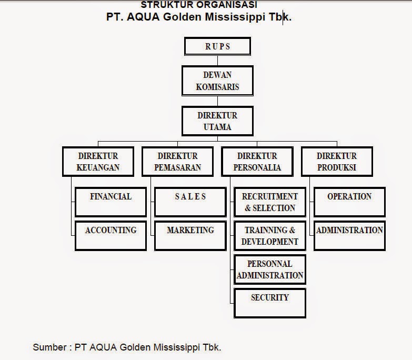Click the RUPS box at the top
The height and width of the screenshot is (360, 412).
click(217, 46)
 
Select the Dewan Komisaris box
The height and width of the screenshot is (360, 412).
click(217, 81)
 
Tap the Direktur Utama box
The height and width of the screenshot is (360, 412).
click(217, 121)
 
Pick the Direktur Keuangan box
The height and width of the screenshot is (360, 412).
click(98, 162)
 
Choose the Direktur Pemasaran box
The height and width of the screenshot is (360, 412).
click(178, 162)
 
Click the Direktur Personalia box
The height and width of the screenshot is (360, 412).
click(257, 162)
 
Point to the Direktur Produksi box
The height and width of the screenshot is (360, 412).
click(337, 162)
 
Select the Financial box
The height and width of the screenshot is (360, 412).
click(110, 202)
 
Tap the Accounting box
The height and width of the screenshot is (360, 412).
click(110, 235)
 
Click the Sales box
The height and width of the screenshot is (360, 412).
click(190, 202)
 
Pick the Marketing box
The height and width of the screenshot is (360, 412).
click(190, 235)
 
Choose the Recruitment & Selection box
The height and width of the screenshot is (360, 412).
click(270, 202)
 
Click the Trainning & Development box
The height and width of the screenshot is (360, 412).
click(270, 235)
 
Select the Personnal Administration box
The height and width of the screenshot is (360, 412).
click(270, 269)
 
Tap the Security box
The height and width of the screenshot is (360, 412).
click(270, 303)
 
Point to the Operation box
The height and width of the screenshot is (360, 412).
click(349, 202)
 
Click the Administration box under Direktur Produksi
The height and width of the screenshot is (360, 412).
click(349, 235)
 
